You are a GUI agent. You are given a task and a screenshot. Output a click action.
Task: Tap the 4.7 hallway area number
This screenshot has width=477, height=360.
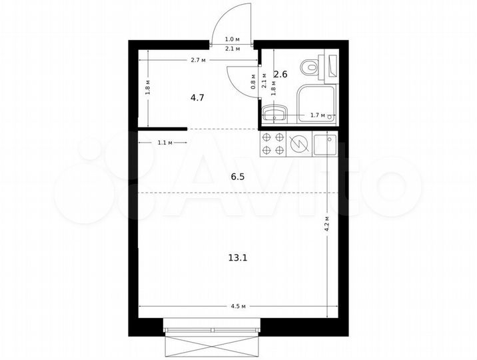click(x=197, y=97)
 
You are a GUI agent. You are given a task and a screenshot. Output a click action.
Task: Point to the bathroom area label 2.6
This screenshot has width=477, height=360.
click(x=280, y=75)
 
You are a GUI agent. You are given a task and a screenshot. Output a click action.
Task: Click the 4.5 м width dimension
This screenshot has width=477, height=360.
click(x=238, y=307)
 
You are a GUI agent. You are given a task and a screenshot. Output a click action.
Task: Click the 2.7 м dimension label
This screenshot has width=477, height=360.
click(x=199, y=61)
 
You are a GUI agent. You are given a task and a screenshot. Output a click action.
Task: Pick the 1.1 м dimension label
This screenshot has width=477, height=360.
click(x=165, y=143)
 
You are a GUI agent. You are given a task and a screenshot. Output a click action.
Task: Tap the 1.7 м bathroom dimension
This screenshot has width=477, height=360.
click(x=318, y=116)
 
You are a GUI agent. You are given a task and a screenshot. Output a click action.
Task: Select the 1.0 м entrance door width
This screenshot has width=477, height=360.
click(x=233, y=40)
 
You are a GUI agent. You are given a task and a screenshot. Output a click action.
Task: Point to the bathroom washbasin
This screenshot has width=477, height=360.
click(x=274, y=115)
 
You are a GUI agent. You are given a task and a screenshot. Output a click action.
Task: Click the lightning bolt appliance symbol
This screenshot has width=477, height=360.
click(x=300, y=143)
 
